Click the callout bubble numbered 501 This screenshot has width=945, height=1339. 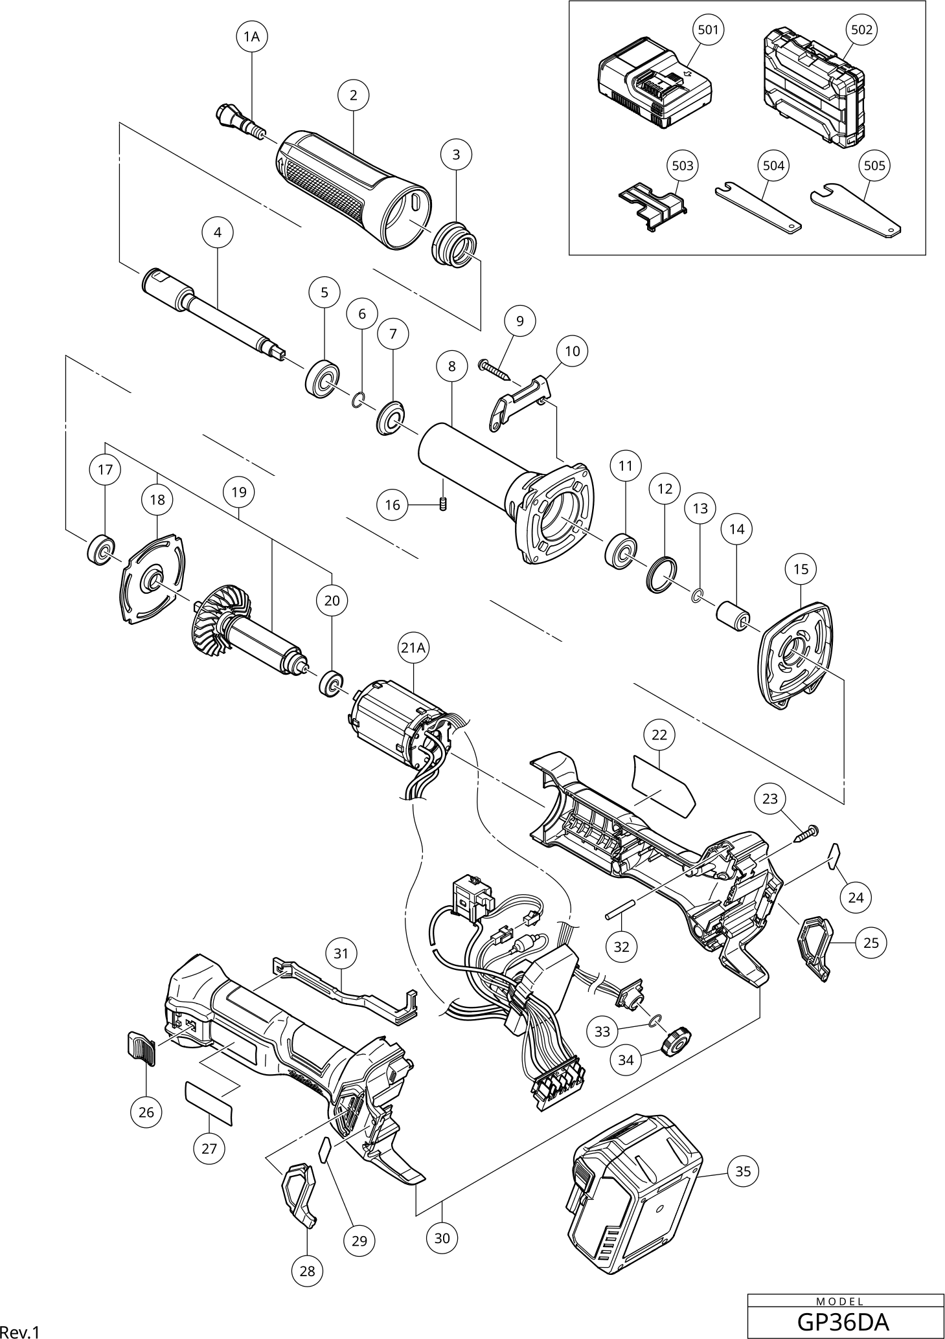point(708,30)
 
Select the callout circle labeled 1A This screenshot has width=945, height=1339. point(251,37)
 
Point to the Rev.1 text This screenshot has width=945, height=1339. point(20,1331)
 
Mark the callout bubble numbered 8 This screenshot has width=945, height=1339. point(451,366)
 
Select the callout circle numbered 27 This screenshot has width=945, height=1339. point(209,1149)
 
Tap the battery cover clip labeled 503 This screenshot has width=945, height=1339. point(652,205)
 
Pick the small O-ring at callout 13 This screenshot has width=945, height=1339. point(696,596)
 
